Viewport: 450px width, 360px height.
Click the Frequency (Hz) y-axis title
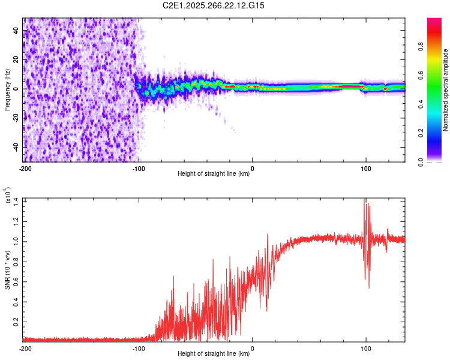pos(7,90)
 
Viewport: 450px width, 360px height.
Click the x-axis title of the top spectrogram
pos(214,174)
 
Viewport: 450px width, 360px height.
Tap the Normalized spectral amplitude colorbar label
pos(446,90)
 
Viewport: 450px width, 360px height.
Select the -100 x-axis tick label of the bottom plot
pos(139,348)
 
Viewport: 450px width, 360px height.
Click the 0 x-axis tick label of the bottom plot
pos(252,348)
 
